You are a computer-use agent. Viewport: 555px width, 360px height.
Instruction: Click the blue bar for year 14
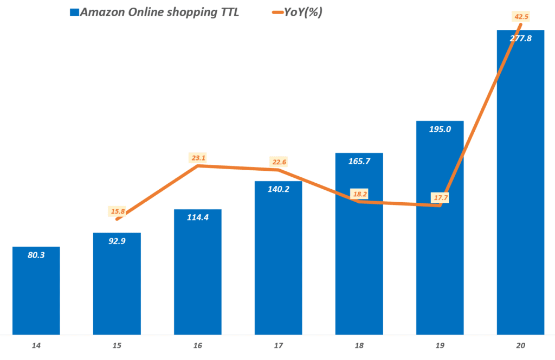coord(36,293)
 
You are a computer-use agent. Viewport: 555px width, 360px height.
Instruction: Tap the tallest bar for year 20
coord(520,190)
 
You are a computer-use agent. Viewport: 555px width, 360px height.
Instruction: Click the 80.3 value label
coord(36,254)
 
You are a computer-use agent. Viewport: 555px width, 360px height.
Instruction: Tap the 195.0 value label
coord(440,128)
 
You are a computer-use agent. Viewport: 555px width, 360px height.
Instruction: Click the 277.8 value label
coord(520,38)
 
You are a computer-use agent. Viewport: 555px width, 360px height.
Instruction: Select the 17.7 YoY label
coord(440,198)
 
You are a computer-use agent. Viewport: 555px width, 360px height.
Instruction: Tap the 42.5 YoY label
coord(520,16)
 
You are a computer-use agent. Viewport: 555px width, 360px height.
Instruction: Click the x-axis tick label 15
coord(117,346)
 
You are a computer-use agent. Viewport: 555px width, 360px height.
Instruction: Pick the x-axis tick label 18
coord(359,346)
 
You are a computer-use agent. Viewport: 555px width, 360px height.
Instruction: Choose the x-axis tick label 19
coord(440,346)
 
